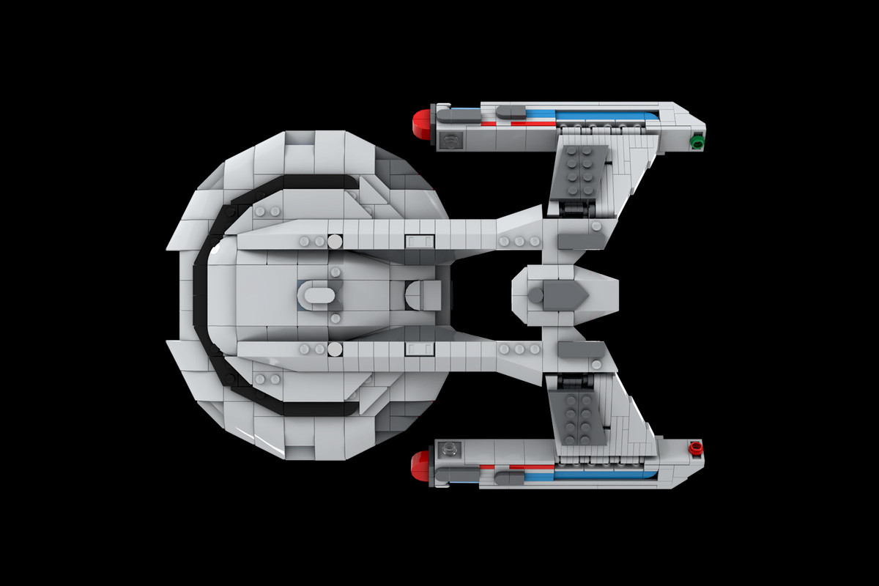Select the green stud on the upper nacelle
(697, 141)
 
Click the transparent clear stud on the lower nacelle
(449, 448)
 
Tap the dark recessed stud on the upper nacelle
(449, 139)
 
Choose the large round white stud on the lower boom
(335, 348)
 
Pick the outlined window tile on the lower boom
(418, 347)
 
